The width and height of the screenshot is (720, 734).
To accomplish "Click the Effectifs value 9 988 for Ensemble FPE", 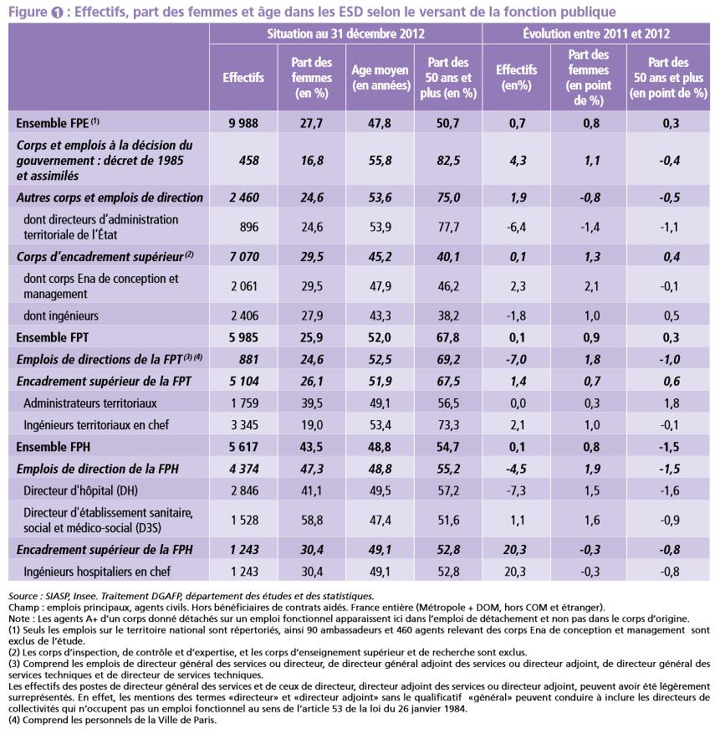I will pyautogui.click(x=243, y=123).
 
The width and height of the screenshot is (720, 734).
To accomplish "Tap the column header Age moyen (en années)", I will pyautogui.click(x=380, y=78).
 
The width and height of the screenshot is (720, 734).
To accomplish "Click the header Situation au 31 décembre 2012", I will pyautogui.click(x=346, y=34).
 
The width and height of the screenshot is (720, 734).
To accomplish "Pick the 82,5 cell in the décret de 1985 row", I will pyautogui.click(x=448, y=160).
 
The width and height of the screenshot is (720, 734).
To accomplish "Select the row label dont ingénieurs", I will pyautogui.click(x=62, y=316).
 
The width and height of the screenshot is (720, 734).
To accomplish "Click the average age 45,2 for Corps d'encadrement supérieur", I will pyautogui.click(x=380, y=256).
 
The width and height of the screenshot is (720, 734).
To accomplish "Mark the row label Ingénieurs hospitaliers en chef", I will pyautogui.click(x=97, y=572).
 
